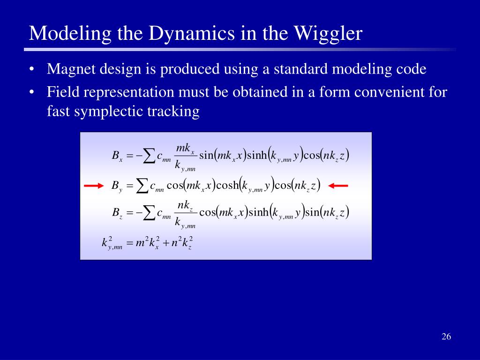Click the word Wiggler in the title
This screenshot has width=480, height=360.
click(x=328, y=34)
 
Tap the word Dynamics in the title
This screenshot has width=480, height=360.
click(x=178, y=34)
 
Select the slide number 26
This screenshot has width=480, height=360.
click(x=446, y=337)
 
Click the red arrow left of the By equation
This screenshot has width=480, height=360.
click(x=94, y=186)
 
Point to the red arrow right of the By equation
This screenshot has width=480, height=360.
click(x=338, y=186)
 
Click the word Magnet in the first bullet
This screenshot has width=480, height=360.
click(x=70, y=69)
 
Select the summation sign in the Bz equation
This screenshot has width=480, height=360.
click(x=149, y=213)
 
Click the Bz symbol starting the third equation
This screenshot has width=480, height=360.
click(x=117, y=213)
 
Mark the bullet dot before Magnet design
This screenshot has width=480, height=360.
click(x=32, y=70)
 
